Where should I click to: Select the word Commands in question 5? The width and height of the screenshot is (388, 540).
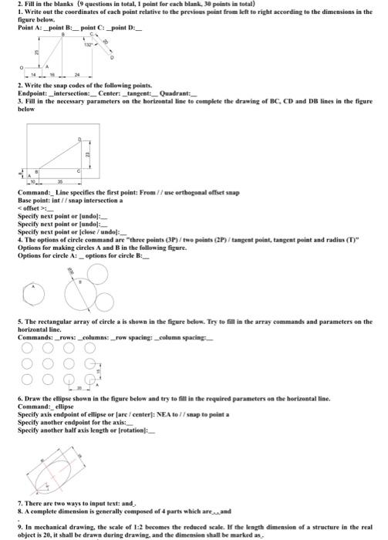point(34,336)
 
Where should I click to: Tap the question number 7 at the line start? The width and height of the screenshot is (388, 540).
point(19,503)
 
